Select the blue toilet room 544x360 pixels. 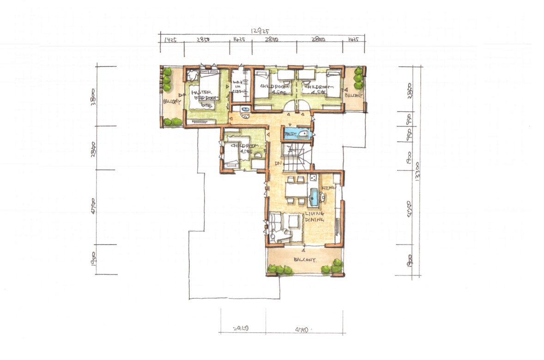297,134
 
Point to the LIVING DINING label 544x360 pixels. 315,217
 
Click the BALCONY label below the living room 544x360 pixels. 305,259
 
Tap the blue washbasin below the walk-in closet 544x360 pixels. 244,109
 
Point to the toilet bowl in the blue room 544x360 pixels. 302,134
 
